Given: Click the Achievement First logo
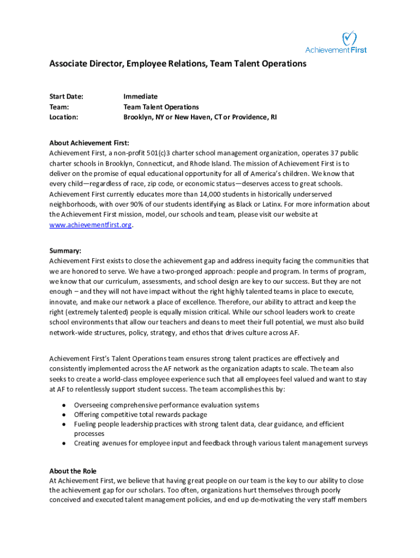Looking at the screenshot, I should (x=336, y=43).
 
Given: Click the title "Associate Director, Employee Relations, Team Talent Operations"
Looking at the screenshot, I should (x=178, y=64).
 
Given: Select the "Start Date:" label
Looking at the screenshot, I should (x=66, y=96).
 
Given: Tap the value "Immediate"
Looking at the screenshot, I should (x=140, y=96).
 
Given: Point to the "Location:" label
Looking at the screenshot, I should (x=64, y=117).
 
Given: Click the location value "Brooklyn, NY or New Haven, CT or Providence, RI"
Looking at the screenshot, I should (x=200, y=117).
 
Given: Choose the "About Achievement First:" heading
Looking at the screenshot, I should (x=89, y=143).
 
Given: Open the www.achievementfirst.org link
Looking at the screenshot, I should (x=90, y=225).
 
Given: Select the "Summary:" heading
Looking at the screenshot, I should (x=65, y=251).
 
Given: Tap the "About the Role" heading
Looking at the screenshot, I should (x=73, y=471).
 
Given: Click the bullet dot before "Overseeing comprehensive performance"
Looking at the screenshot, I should (x=64, y=405).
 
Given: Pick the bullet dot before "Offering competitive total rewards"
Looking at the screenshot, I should (x=64, y=415).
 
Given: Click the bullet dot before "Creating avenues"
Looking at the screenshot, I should (x=64, y=444).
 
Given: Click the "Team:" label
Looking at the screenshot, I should (x=59, y=107).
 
